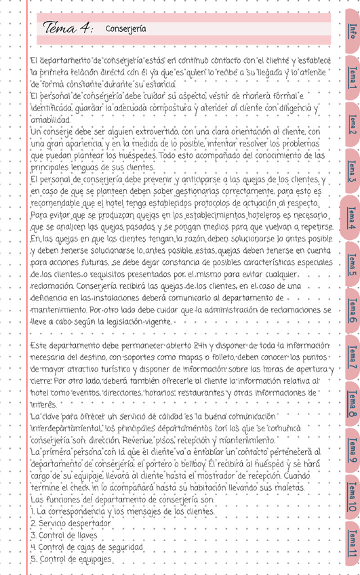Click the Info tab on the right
point(351,32)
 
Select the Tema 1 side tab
point(351,77)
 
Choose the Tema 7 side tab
point(351,358)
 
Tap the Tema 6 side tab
point(351,311)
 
